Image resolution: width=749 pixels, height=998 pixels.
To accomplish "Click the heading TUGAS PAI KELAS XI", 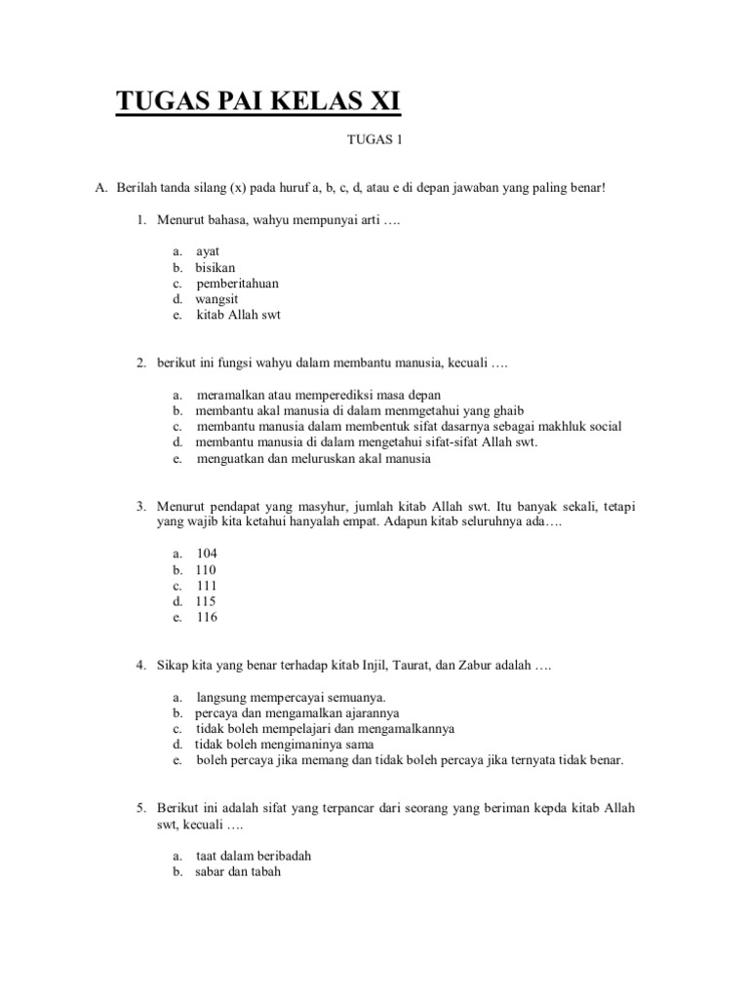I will click(258, 101).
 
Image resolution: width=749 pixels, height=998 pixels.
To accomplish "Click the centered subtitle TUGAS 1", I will click(374, 139).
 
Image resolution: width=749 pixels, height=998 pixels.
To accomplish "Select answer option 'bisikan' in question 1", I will click(215, 267).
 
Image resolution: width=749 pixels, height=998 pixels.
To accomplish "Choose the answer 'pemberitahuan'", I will click(237, 283).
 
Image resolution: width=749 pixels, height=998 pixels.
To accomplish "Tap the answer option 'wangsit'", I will click(218, 299).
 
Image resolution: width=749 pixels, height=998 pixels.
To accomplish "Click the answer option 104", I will click(207, 553).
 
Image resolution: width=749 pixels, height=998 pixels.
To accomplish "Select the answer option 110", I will click(206, 569).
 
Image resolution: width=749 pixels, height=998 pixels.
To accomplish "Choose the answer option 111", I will click(207, 586).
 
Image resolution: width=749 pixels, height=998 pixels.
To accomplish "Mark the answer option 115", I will click(206, 601).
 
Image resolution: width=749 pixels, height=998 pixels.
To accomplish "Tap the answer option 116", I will click(207, 617).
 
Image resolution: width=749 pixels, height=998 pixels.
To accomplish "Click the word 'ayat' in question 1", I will click(208, 251).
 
